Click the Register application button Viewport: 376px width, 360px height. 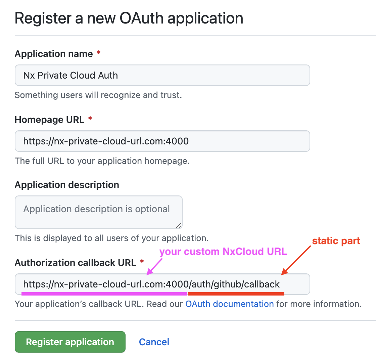pyautogui.click(x=70, y=342)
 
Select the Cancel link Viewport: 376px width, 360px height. pyautogui.click(x=154, y=342)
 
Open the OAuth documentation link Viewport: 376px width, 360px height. pyautogui.click(x=230, y=304)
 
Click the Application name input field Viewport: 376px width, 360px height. pyautogui.click(x=162, y=75)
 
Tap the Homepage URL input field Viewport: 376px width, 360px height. pyautogui.click(x=162, y=141)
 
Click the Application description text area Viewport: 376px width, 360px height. pyautogui.click(x=99, y=212)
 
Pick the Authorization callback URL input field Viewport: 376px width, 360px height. pyautogui.click(x=162, y=284)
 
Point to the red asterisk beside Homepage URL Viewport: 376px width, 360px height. pyautogui.click(x=90, y=118)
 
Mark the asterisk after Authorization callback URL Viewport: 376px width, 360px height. pyautogui.click(x=142, y=261)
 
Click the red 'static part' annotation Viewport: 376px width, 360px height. pyautogui.click(x=336, y=241)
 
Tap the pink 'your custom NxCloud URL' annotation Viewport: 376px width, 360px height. pyautogui.click(x=223, y=252)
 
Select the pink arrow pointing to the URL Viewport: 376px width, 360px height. pyautogui.click(x=154, y=267)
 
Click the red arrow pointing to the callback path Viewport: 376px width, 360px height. pyautogui.click(x=296, y=260)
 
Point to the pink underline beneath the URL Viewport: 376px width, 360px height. pyautogui.click(x=104, y=294)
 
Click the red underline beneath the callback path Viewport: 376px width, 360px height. pyautogui.click(x=236, y=294)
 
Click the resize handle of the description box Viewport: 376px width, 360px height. pyautogui.click(x=179, y=225)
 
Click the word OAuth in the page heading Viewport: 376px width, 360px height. pyautogui.click(x=141, y=18)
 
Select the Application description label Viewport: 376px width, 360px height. pyautogui.click(x=67, y=185)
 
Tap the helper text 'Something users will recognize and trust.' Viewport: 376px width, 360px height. pyautogui.click(x=98, y=95)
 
